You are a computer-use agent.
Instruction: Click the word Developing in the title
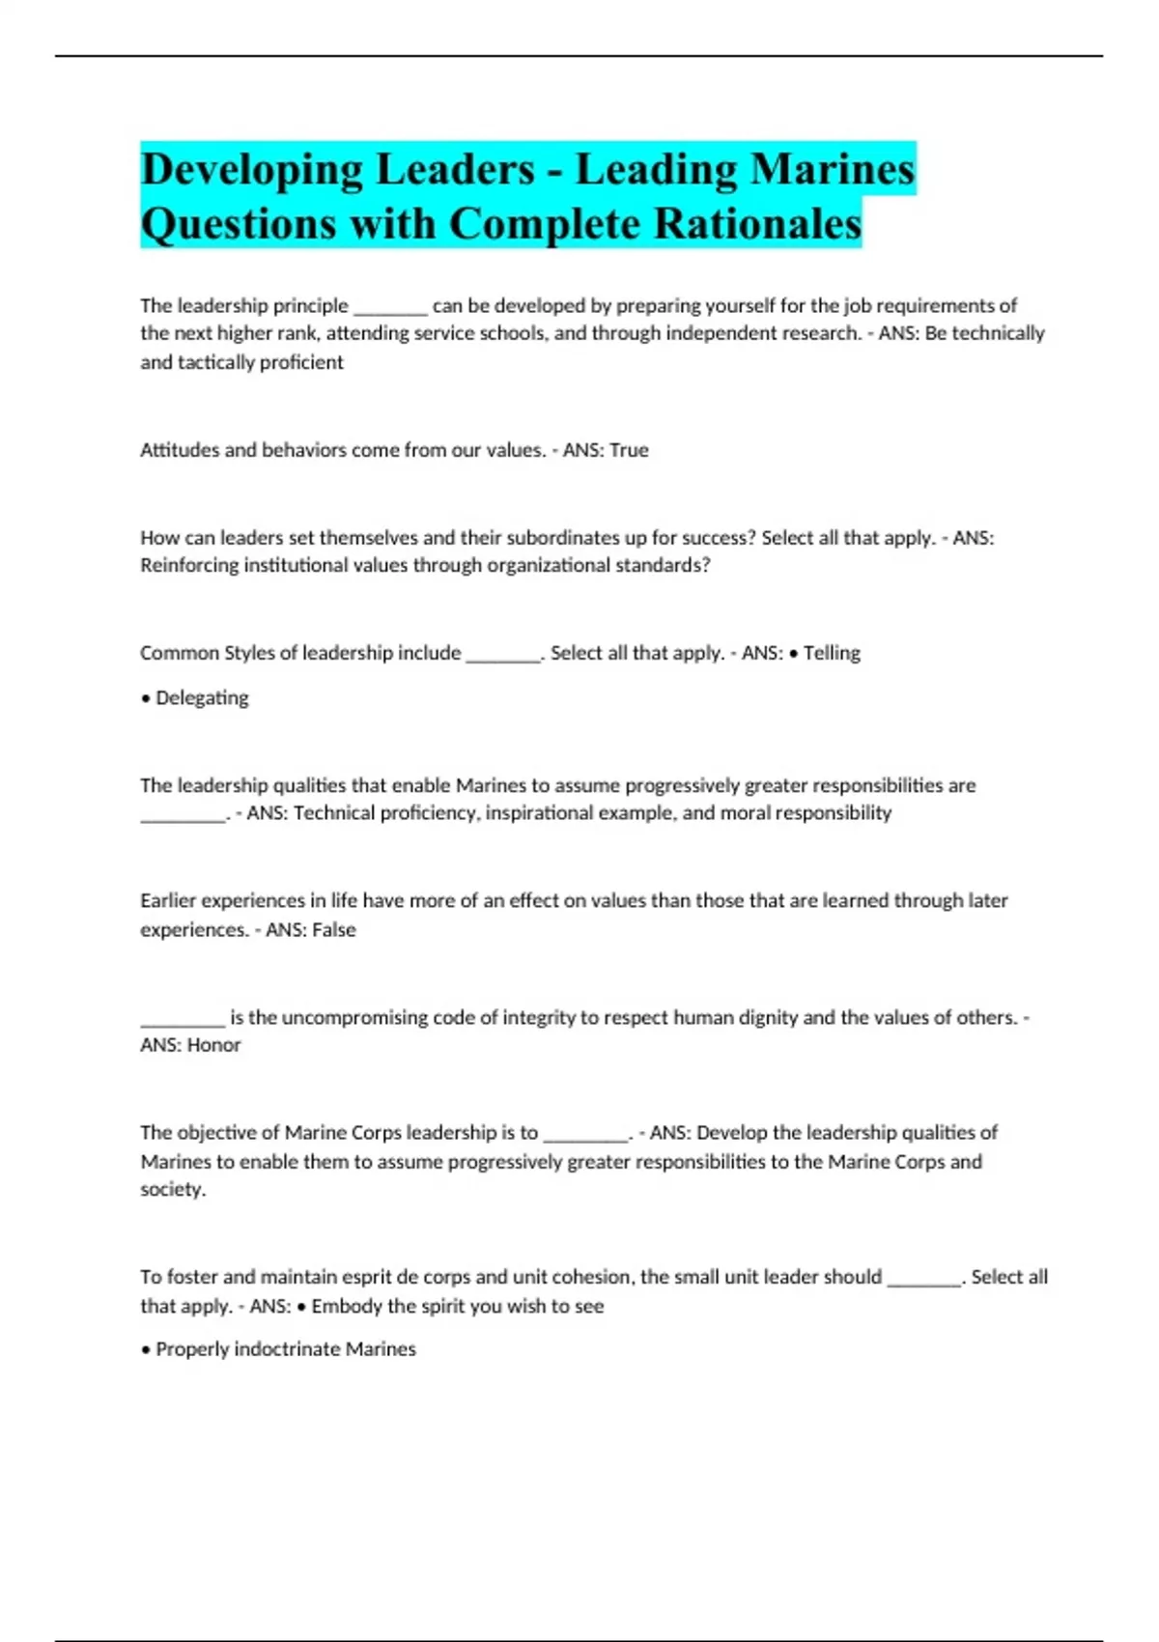248,170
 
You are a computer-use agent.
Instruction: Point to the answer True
629,450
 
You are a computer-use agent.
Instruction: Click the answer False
333,930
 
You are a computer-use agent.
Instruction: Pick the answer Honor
213,1045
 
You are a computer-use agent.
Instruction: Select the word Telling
832,653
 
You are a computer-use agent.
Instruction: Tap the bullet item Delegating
202,698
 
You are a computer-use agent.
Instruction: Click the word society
172,1189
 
